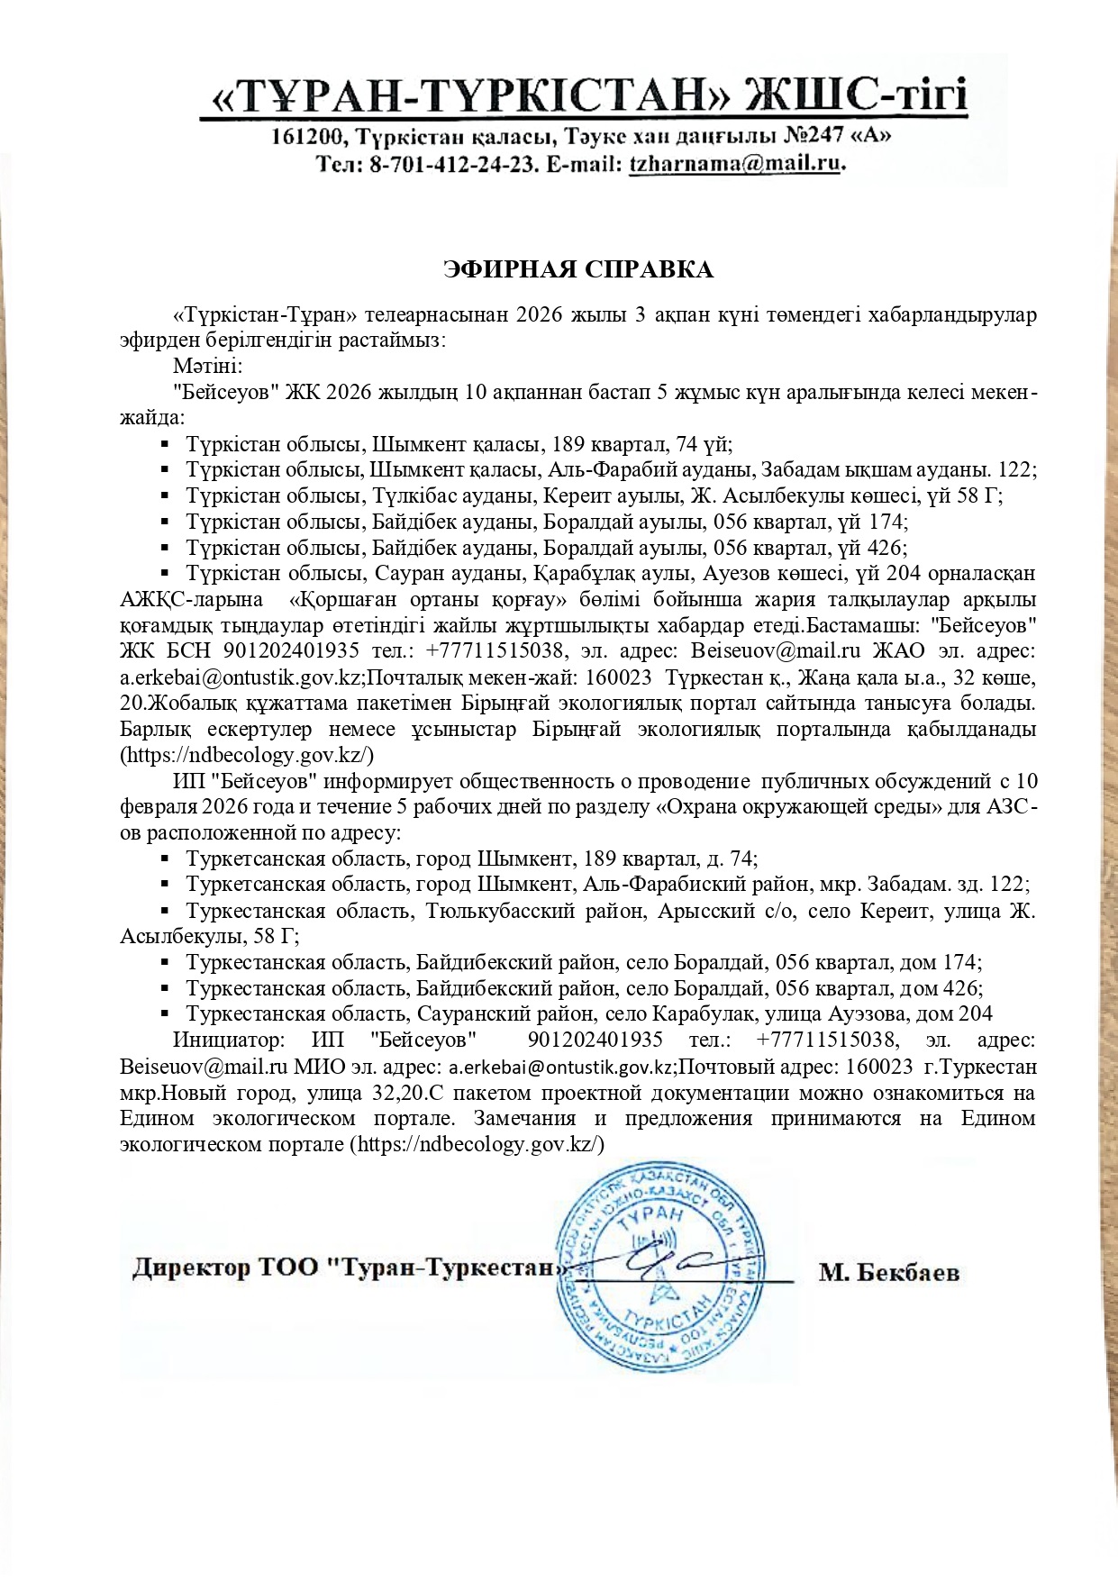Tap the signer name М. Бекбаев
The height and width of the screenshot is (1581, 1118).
click(888, 1273)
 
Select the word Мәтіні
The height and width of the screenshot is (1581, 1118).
click(206, 367)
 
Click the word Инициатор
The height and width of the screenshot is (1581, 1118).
click(229, 1040)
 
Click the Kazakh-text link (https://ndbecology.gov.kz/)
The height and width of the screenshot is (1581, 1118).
click(247, 755)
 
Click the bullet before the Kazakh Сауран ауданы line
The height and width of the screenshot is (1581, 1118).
click(165, 572)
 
